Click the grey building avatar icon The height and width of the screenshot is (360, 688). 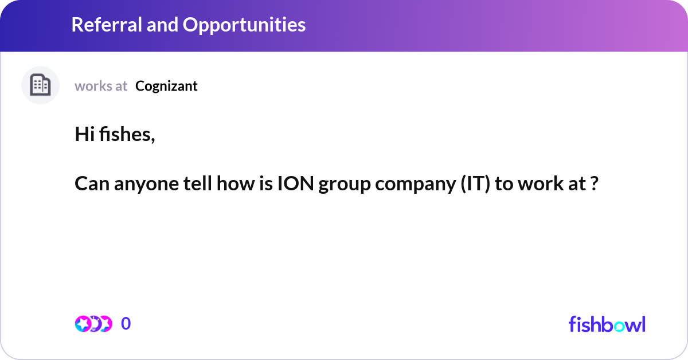coord(40,85)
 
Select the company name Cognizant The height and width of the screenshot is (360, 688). coord(166,86)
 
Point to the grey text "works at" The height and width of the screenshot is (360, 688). coord(101,86)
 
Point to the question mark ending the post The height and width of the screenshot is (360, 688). coord(595,185)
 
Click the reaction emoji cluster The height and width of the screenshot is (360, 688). coord(93,324)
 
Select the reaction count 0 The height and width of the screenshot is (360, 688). coord(126,324)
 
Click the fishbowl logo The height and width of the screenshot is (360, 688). coord(607,324)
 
